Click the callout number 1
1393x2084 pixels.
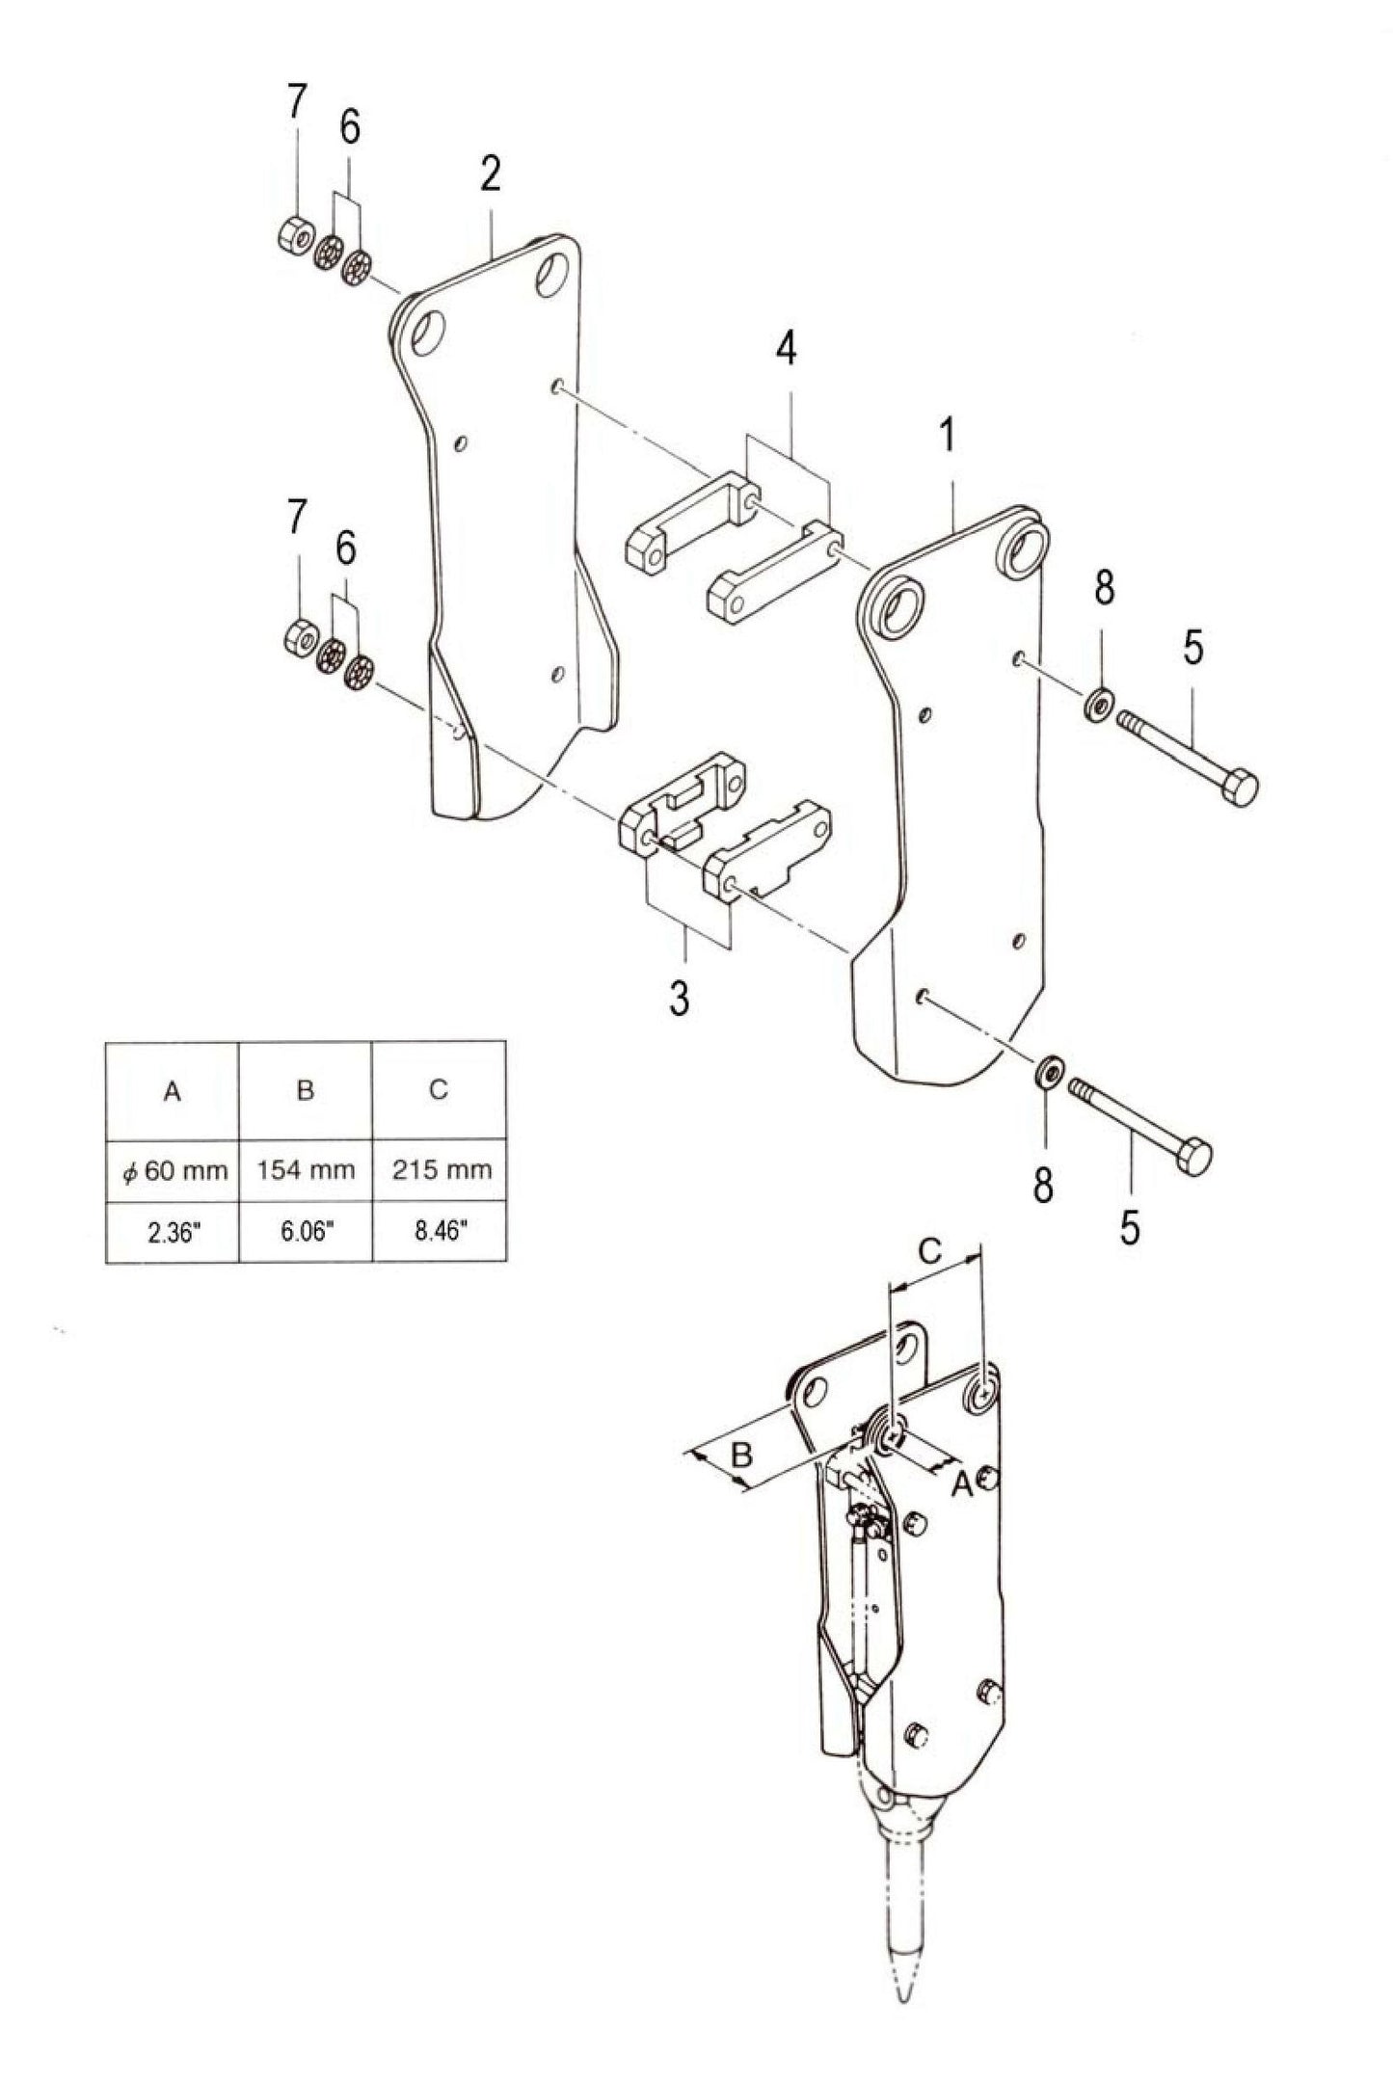947,437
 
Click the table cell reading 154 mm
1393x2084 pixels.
305,1170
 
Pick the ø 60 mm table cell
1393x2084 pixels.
173,1170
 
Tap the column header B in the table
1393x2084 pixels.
305,1090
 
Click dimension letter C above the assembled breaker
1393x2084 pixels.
927,1252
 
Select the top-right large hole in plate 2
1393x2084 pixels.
553,272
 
